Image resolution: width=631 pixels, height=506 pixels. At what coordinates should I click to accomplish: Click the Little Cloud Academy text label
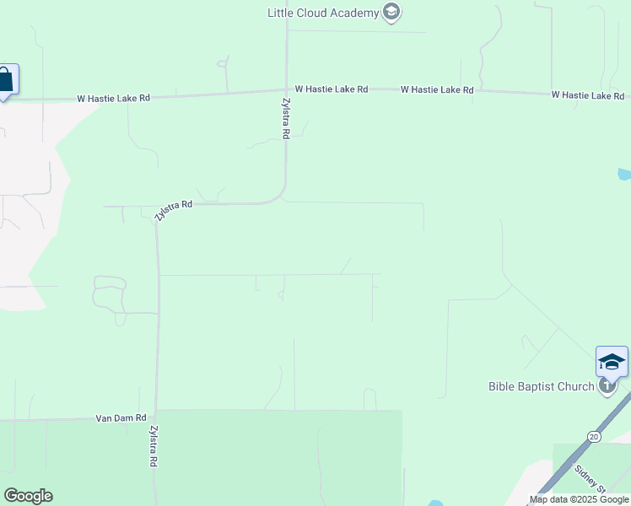pyautogui.click(x=323, y=13)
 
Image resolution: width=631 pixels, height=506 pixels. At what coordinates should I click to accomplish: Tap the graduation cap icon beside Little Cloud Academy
pyautogui.click(x=391, y=12)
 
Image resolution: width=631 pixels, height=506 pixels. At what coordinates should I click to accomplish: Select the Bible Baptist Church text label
pyautogui.click(x=542, y=387)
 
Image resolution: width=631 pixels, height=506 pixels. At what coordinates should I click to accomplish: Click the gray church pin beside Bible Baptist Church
pyautogui.click(x=607, y=386)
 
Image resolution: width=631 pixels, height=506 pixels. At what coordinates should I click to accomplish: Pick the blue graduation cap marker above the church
pyautogui.click(x=612, y=362)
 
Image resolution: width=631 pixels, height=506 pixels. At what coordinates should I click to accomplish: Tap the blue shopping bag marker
pyautogui.click(x=5, y=80)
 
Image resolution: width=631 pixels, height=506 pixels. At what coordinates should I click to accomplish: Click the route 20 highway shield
pyautogui.click(x=594, y=436)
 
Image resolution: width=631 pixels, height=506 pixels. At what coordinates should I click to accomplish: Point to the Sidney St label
pyautogui.click(x=590, y=478)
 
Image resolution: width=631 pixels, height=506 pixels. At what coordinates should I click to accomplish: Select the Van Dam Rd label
pyautogui.click(x=121, y=417)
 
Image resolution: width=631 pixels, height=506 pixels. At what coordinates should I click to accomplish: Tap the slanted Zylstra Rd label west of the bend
pyautogui.click(x=174, y=210)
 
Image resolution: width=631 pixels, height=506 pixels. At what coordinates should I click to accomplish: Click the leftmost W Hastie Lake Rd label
pyautogui.click(x=113, y=98)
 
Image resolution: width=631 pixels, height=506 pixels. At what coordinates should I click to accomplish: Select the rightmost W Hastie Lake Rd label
pyautogui.click(x=587, y=95)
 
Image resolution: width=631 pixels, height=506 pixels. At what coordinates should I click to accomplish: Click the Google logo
pyautogui.click(x=28, y=496)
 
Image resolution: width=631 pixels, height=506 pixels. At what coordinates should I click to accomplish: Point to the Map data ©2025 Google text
pyautogui.click(x=579, y=499)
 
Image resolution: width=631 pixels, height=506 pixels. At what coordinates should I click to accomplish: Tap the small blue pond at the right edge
pyautogui.click(x=624, y=175)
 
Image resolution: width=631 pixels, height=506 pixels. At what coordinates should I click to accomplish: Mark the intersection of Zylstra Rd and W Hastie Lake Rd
pyautogui.click(x=286, y=89)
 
